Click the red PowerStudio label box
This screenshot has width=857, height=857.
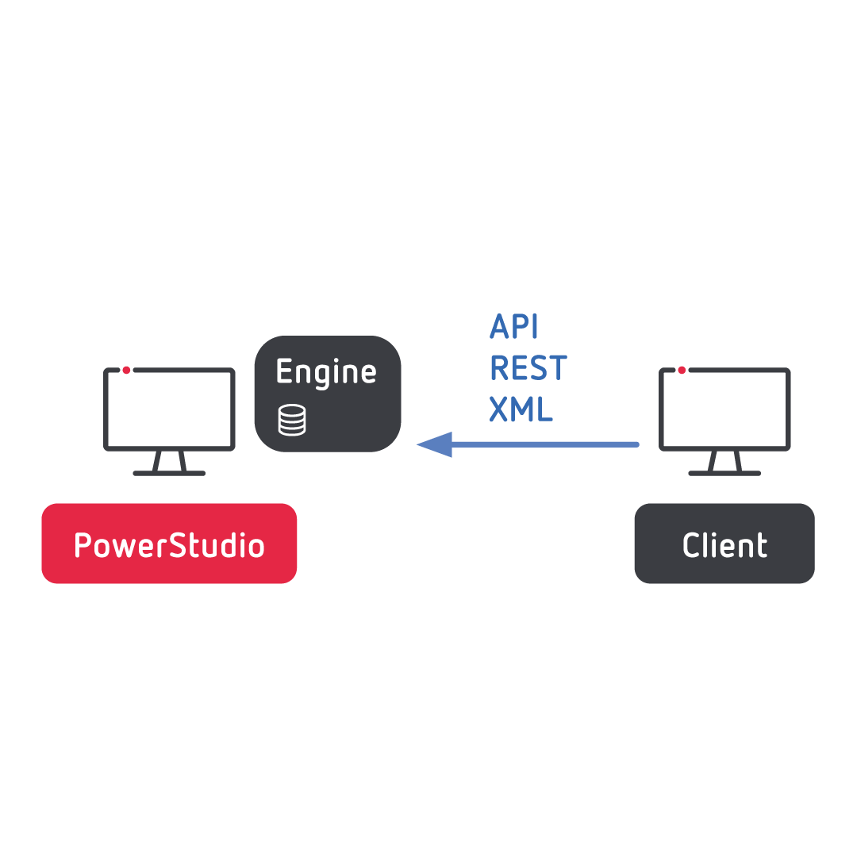coord(169,544)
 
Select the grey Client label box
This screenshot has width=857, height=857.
coord(724,544)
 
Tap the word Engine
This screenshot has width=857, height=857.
coord(326,372)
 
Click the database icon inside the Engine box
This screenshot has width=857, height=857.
coord(291,421)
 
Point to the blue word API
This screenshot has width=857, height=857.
coord(514,327)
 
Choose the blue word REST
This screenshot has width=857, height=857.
coord(528,369)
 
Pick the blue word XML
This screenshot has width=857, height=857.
coord(521,410)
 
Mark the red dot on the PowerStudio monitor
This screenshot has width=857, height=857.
coord(126,370)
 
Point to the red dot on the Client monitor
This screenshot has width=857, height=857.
coord(682,370)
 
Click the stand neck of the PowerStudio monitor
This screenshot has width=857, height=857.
coord(169,461)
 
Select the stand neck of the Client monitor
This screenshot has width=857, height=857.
coord(724,461)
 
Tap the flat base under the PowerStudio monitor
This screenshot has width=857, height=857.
coord(169,473)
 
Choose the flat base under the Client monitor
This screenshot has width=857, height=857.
coord(724,473)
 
